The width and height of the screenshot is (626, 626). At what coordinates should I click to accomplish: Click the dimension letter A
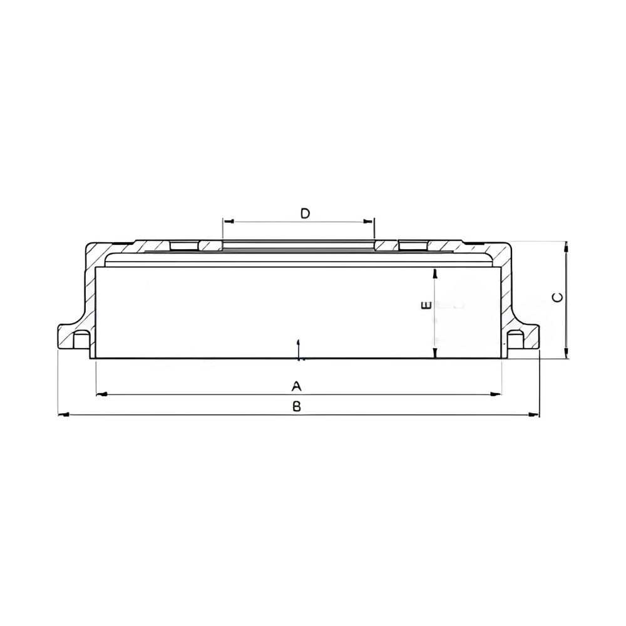tap(296, 386)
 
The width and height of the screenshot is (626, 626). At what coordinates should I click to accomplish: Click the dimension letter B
tap(296, 406)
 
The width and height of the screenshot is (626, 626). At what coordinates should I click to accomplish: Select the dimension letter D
tap(305, 213)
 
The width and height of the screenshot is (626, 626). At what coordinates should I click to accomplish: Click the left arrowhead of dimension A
tap(102, 394)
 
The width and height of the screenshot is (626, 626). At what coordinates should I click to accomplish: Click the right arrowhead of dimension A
tap(496, 394)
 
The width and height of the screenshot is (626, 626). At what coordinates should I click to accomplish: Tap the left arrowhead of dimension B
tap(63, 415)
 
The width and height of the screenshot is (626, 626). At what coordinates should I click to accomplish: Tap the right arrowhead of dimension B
tap(534, 415)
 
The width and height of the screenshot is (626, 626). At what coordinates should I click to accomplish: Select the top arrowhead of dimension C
tap(566, 247)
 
